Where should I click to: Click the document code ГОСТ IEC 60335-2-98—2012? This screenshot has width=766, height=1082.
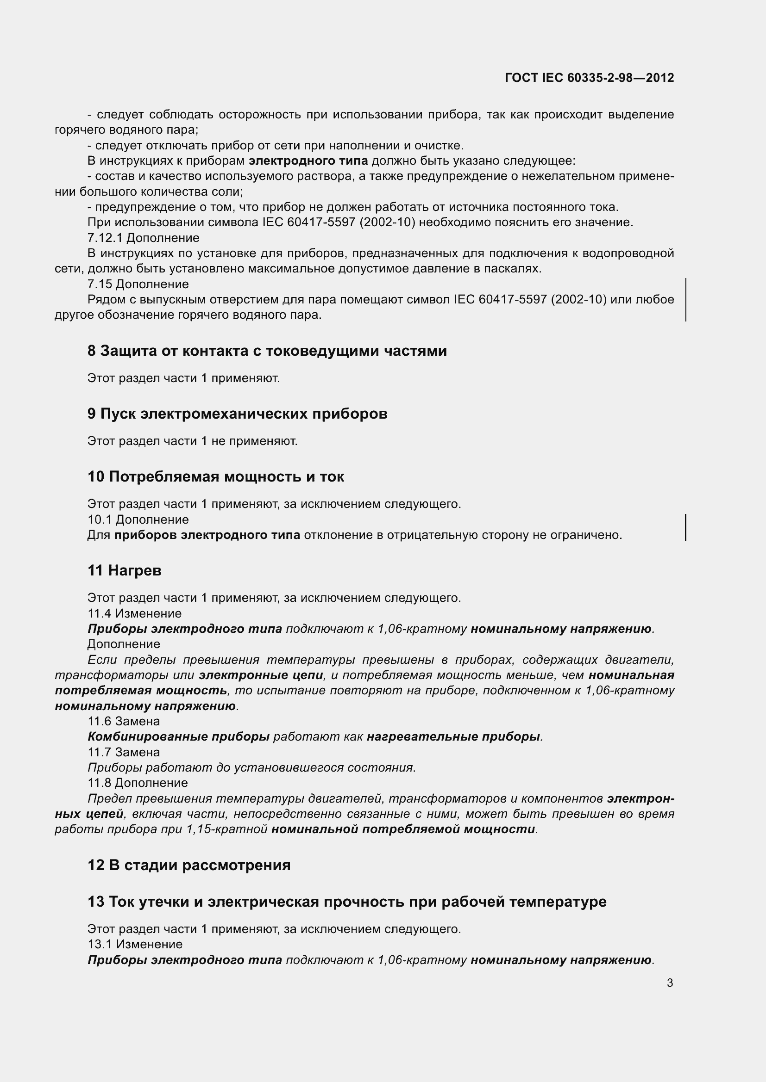(x=589, y=78)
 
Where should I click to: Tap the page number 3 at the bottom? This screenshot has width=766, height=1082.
(x=670, y=983)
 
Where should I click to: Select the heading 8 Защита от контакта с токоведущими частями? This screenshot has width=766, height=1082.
(x=267, y=351)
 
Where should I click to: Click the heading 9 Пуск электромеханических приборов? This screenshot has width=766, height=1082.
(x=237, y=414)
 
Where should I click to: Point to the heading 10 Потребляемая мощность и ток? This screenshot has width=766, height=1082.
(x=215, y=476)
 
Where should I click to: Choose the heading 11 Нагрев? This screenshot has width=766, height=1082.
(x=125, y=570)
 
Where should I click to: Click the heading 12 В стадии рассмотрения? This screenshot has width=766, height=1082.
(x=188, y=865)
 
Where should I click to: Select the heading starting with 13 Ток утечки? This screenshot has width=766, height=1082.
(x=347, y=902)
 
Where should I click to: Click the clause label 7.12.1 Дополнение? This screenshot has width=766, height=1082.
(x=144, y=238)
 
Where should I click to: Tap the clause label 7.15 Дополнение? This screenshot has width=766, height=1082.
(x=138, y=284)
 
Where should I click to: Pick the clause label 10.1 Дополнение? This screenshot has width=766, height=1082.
(x=138, y=519)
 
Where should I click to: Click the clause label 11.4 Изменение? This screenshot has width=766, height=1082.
(x=134, y=613)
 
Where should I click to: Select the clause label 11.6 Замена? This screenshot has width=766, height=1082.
(x=124, y=721)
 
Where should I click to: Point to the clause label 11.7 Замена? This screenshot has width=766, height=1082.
(x=124, y=752)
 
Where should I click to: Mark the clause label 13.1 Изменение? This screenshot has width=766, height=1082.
(x=135, y=944)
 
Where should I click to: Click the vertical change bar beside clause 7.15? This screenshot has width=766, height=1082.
(x=685, y=300)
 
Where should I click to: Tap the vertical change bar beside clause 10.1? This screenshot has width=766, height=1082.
(x=685, y=527)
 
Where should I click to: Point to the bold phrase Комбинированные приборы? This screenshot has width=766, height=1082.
(x=178, y=736)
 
